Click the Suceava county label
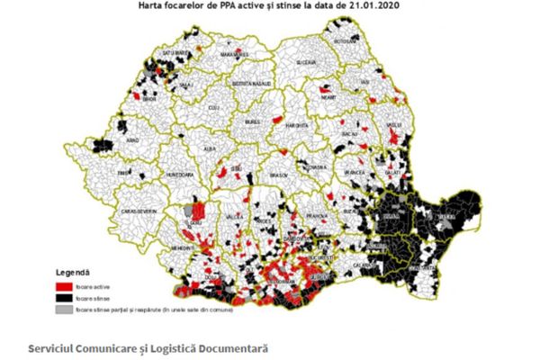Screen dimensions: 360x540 click(307, 62)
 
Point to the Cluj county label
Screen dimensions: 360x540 click(213, 107)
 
